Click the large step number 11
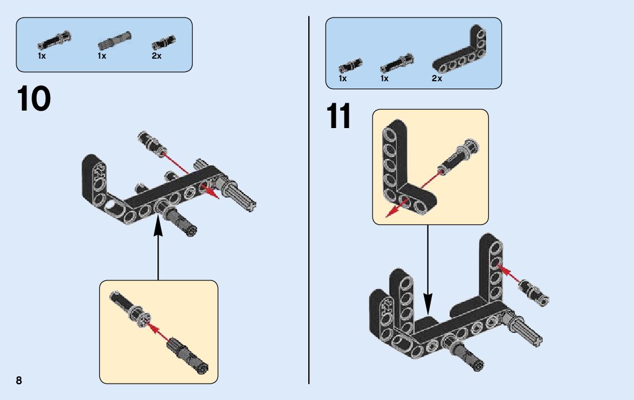tap(338, 117)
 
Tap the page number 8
tap(19, 380)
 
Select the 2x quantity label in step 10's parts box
tap(156, 56)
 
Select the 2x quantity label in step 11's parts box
tap(436, 78)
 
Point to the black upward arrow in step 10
tap(158, 248)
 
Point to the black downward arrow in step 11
tap(427, 271)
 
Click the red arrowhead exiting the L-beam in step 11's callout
tap(389, 213)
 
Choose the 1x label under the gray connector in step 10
tap(102, 56)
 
